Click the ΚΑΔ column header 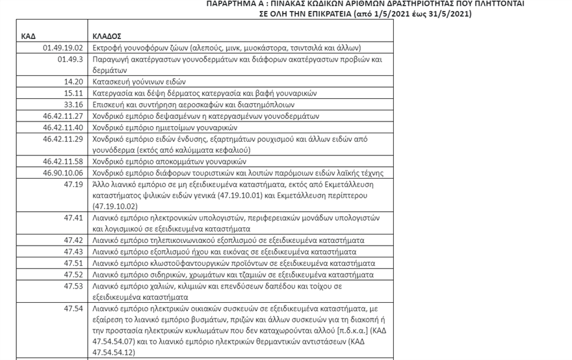tap(29, 36)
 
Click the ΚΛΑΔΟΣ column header tap(107, 36)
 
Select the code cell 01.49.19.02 tap(62, 48)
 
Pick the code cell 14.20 tap(73, 82)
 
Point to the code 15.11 tap(73, 94)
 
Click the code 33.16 tap(73, 105)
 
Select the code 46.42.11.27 tap(62, 116)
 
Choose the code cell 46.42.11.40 tap(62, 127)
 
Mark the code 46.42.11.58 tap(62, 161)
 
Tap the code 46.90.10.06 tap(62, 173)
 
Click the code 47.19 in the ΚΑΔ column tap(73, 185)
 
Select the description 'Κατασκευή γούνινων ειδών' tap(139, 82)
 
